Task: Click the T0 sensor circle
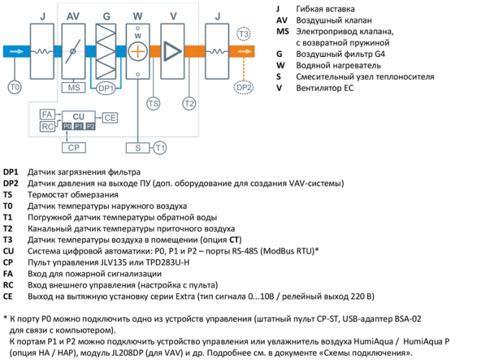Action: (x=14, y=87)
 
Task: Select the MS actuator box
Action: (x=73, y=88)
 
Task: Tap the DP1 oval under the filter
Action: (x=105, y=88)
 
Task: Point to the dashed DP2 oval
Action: (x=244, y=87)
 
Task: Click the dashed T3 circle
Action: (x=244, y=35)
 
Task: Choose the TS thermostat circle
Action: (x=153, y=103)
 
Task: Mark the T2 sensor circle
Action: (x=189, y=103)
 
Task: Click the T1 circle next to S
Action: (x=160, y=148)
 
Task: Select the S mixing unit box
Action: (x=137, y=148)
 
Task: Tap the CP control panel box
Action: (x=73, y=148)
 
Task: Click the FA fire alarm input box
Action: (x=47, y=115)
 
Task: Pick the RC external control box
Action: (x=47, y=127)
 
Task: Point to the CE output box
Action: (x=109, y=117)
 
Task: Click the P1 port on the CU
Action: (x=78, y=126)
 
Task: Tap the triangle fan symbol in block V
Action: (x=172, y=51)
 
